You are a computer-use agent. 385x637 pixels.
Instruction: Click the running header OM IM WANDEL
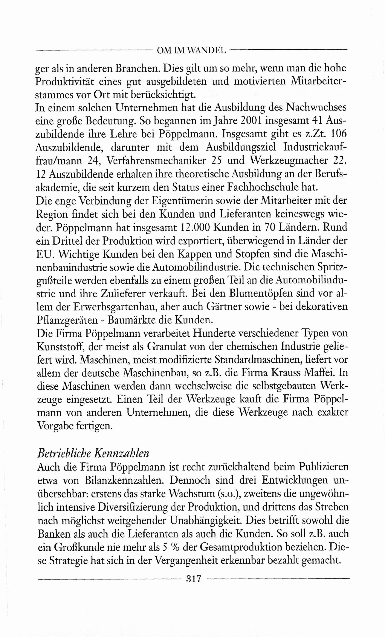click(191, 50)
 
